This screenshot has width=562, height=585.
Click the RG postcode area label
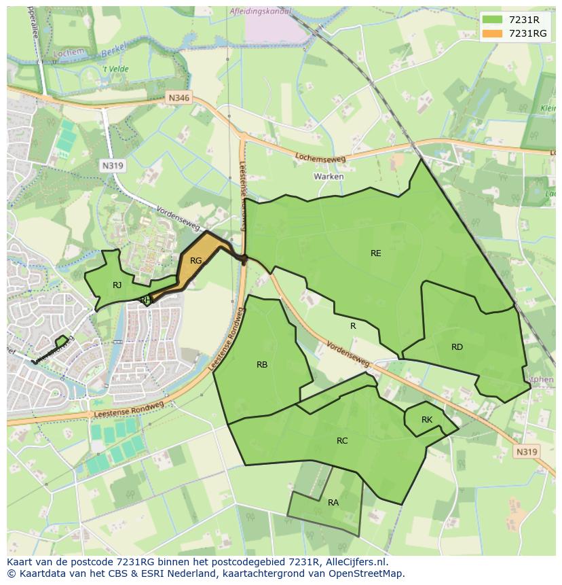[x=196, y=261]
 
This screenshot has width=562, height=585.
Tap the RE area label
[x=375, y=253]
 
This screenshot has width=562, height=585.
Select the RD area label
[x=457, y=347]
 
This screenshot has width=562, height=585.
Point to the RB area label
[x=262, y=365]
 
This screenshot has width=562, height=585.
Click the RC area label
[x=342, y=441]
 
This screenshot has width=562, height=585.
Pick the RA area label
[x=333, y=503]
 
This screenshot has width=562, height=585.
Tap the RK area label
[x=427, y=420]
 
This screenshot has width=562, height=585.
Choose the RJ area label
[x=117, y=285]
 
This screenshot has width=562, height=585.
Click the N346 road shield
[x=180, y=99]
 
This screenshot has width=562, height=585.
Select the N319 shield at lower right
[x=526, y=452]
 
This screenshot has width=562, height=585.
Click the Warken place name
[x=329, y=177]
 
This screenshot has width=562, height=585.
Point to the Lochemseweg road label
[x=320, y=158]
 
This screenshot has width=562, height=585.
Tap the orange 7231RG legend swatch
[x=493, y=33]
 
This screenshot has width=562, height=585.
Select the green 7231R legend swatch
[x=493, y=20]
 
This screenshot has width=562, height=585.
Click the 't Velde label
[x=115, y=69]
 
